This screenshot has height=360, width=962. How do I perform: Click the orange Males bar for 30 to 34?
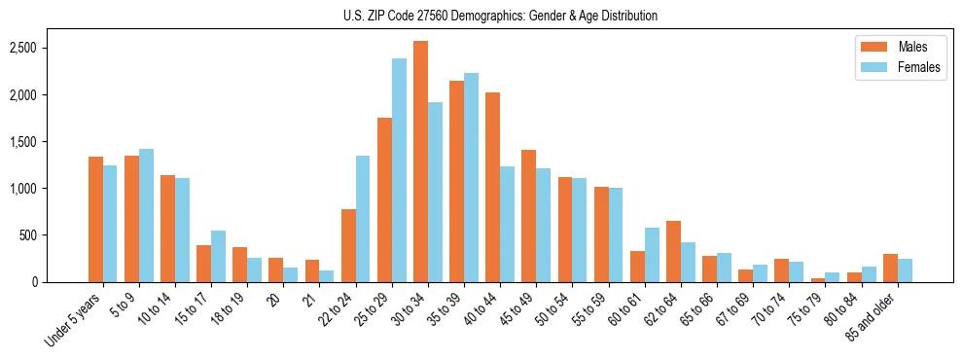click(420, 162)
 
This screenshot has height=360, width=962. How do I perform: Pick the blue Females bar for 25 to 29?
click(399, 170)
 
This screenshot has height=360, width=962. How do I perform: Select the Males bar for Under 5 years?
click(95, 219)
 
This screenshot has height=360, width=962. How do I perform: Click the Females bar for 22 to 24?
click(363, 219)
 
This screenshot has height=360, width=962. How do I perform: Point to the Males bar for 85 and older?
click(890, 268)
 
